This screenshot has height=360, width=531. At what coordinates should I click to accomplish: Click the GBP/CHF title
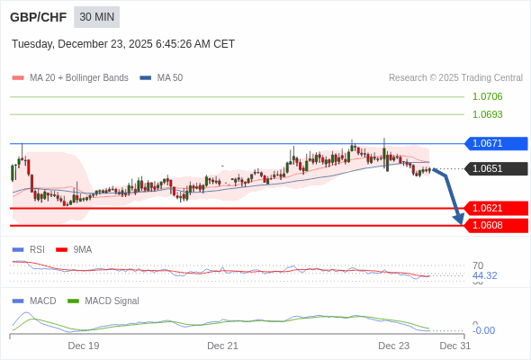tap(38, 17)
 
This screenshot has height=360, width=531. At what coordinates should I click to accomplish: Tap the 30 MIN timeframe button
tap(96, 17)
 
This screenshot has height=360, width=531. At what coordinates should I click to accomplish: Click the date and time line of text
tap(123, 43)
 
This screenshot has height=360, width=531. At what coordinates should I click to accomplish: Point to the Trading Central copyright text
tap(455, 77)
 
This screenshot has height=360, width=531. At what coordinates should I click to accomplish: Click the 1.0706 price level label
tap(487, 96)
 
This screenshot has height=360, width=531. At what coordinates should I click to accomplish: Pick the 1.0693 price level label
tap(487, 114)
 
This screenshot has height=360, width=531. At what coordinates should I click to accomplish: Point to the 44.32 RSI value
tap(484, 275)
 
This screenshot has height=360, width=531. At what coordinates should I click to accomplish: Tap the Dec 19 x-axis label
tap(84, 346)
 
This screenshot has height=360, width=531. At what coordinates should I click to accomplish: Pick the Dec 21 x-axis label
tap(222, 346)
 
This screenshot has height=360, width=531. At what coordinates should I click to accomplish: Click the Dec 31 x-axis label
tap(454, 346)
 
